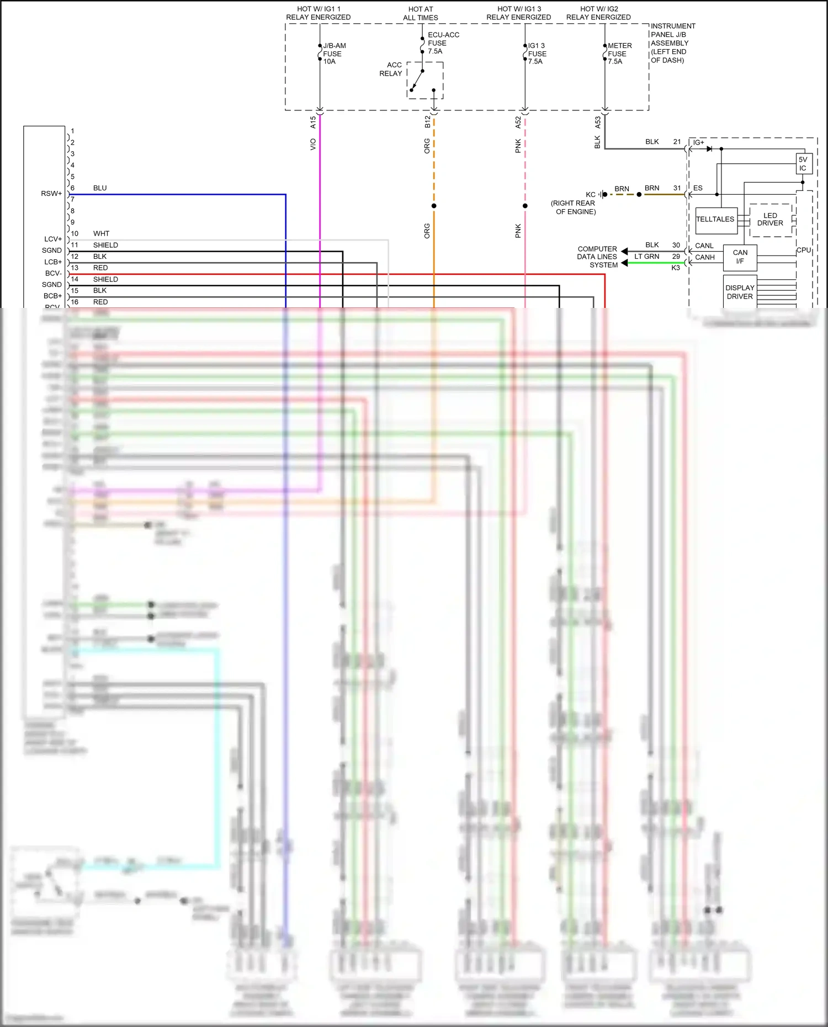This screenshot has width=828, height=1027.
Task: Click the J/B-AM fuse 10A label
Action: pyautogui.click(x=333, y=54)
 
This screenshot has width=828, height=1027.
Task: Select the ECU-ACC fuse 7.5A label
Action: pyautogui.click(x=443, y=43)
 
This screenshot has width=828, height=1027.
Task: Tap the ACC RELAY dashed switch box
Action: pyautogui.click(x=425, y=81)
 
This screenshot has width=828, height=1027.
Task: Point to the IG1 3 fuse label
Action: pyautogui.click(x=537, y=54)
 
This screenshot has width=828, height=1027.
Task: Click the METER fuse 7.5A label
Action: pyautogui.click(x=619, y=54)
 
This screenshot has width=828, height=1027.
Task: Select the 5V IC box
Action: pyautogui.click(x=803, y=164)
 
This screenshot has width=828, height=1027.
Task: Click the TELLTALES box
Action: pyautogui.click(x=715, y=220)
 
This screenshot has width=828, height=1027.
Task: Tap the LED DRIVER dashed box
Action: pyautogui.click(x=770, y=220)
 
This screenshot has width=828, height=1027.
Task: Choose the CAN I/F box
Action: pyautogui.click(x=740, y=257)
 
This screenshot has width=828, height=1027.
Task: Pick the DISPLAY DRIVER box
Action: pyautogui.click(x=740, y=292)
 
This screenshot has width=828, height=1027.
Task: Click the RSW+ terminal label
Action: pyautogui.click(x=51, y=194)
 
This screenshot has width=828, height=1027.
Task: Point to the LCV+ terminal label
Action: pyautogui.click(x=53, y=239)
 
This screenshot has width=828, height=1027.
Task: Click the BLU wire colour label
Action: pyautogui.click(x=100, y=188)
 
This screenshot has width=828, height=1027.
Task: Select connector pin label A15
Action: pyautogui.click(x=313, y=122)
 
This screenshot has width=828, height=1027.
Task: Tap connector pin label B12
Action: pyautogui.click(x=427, y=122)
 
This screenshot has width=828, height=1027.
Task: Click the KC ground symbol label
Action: pyautogui.click(x=591, y=195)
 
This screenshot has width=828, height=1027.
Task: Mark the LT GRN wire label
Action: pyautogui.click(x=646, y=257)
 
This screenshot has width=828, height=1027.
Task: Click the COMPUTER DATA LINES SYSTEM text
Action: pyautogui.click(x=597, y=257)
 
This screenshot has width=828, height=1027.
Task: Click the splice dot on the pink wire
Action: pyautogui.click(x=525, y=206)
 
